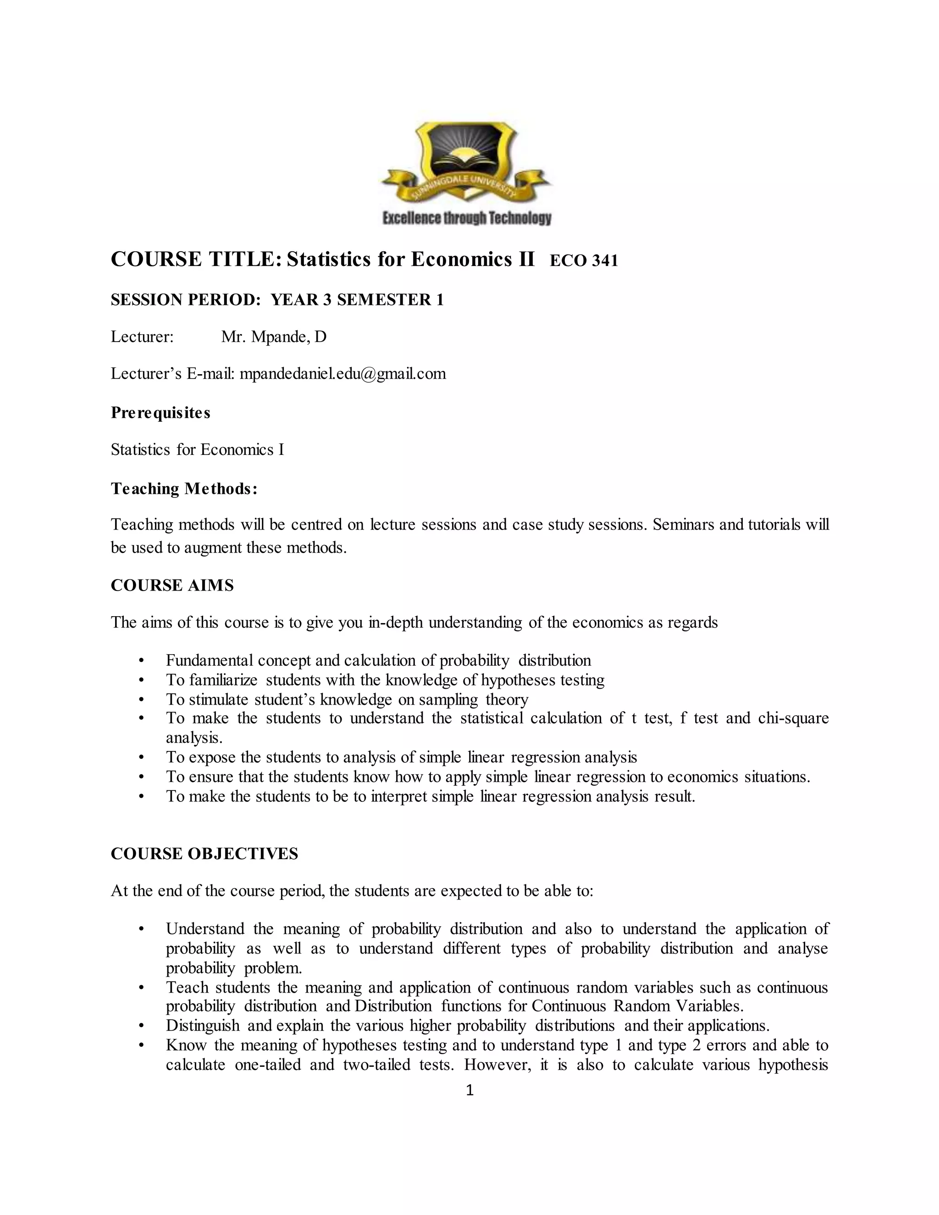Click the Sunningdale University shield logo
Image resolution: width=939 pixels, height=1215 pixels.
coord(466,161)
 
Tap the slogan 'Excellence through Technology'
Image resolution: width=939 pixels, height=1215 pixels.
coord(467,219)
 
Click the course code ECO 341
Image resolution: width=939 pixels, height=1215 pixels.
coord(584,261)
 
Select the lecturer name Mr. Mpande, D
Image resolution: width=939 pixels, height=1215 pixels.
coord(274,337)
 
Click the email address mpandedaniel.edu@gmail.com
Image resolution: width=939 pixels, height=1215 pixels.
coord(342,373)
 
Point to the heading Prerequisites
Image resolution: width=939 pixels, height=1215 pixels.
coord(160,413)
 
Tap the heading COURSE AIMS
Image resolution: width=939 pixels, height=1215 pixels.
coord(172,585)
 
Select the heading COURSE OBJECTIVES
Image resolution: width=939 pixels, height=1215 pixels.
coord(204,853)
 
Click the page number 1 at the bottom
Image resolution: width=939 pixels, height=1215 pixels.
coord(469,1090)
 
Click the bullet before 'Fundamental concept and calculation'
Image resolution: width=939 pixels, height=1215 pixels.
coord(141,661)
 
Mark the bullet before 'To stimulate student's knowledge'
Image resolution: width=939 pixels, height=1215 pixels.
coord(141,699)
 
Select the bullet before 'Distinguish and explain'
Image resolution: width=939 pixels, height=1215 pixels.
coord(141,1025)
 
